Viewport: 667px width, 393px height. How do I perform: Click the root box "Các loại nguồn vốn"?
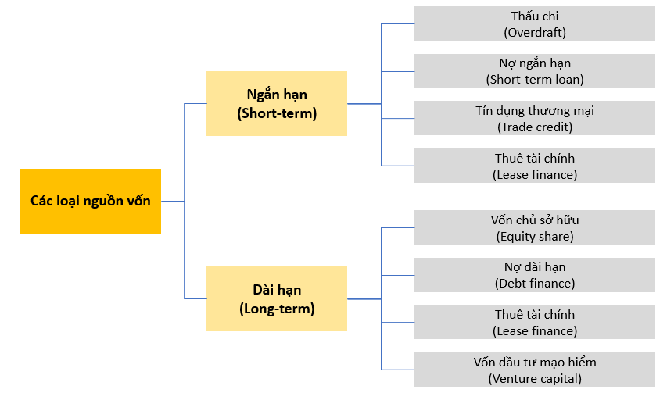[91, 201]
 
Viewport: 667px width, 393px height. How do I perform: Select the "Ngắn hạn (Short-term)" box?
[277, 104]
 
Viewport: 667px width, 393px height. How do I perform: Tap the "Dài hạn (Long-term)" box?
[277, 298]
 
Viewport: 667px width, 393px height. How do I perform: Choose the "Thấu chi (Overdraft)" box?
[535, 23]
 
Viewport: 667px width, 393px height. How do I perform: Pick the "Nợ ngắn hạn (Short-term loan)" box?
[535, 71]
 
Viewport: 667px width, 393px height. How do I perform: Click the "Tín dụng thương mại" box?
[535, 118]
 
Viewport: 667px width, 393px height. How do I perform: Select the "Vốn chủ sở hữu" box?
[535, 227]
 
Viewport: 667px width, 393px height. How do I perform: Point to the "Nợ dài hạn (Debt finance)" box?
[535, 275]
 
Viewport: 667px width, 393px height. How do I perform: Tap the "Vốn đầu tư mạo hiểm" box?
[535, 370]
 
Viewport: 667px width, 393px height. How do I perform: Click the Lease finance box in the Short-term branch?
[535, 166]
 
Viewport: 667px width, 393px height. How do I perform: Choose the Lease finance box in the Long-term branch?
[535, 322]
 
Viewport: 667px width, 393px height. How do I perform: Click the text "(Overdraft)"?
[535, 33]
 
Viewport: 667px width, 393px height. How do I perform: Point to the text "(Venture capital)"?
[535, 379]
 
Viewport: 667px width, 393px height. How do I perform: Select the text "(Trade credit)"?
[535, 127]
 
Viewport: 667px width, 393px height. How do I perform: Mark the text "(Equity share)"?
[535, 236]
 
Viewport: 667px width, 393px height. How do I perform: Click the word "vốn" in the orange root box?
[138, 201]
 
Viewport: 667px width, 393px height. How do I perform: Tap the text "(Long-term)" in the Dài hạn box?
[277, 309]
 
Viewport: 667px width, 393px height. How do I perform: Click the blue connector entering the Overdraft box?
[398, 23]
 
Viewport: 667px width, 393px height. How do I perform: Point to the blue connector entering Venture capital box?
[398, 370]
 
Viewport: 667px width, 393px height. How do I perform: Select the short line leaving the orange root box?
[172, 201]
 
